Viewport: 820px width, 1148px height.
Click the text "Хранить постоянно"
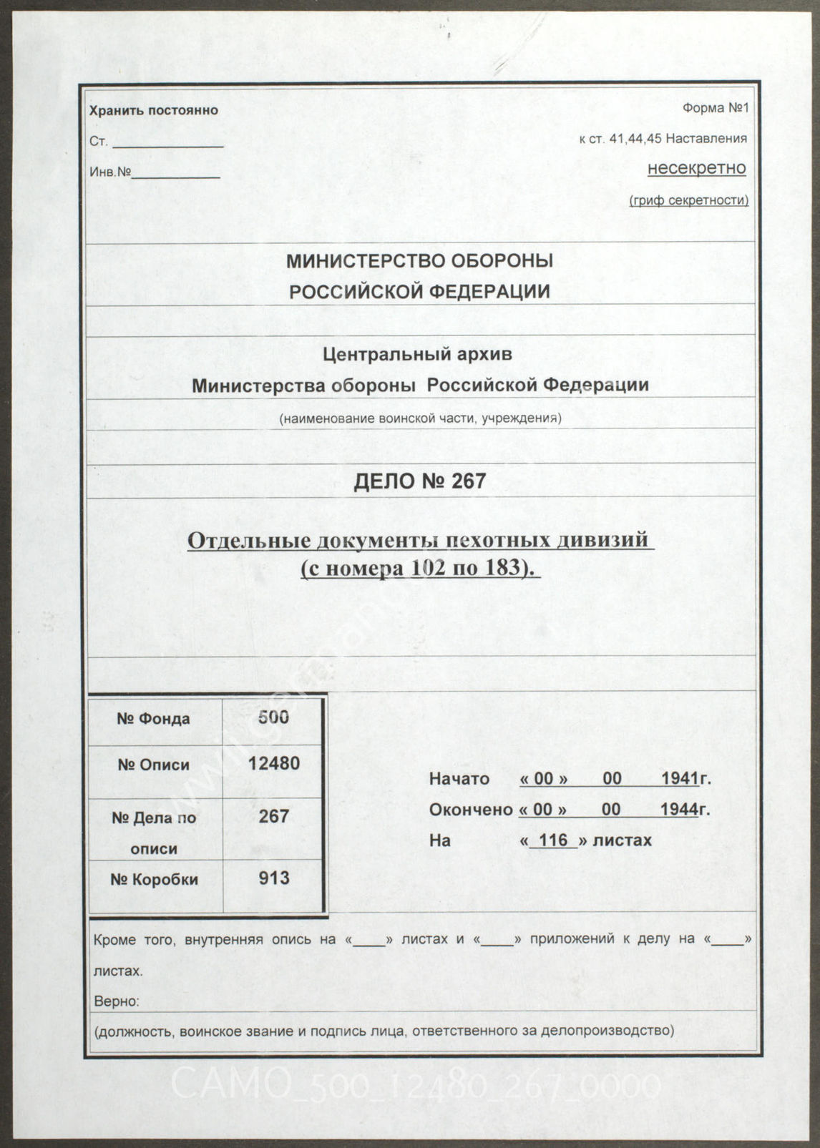(153, 111)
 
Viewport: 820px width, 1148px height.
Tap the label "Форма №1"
(714, 109)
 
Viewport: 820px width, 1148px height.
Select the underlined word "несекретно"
(696, 168)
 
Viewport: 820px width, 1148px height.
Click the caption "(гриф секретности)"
(688, 200)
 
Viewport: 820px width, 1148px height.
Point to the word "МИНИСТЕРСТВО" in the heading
(361, 262)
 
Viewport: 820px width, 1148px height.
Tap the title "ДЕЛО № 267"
(419, 481)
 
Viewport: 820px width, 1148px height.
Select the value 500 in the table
(273, 717)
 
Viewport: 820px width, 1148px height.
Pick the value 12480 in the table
(273, 763)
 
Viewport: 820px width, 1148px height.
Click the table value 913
(273, 878)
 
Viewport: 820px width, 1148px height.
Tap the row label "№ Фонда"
(153, 719)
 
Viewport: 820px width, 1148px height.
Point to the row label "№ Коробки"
(154, 880)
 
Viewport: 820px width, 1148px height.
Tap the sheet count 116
(553, 840)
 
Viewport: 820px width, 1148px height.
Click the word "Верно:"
(117, 1001)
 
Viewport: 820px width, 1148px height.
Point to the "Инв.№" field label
(110, 172)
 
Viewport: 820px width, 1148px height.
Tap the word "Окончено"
(470, 810)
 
